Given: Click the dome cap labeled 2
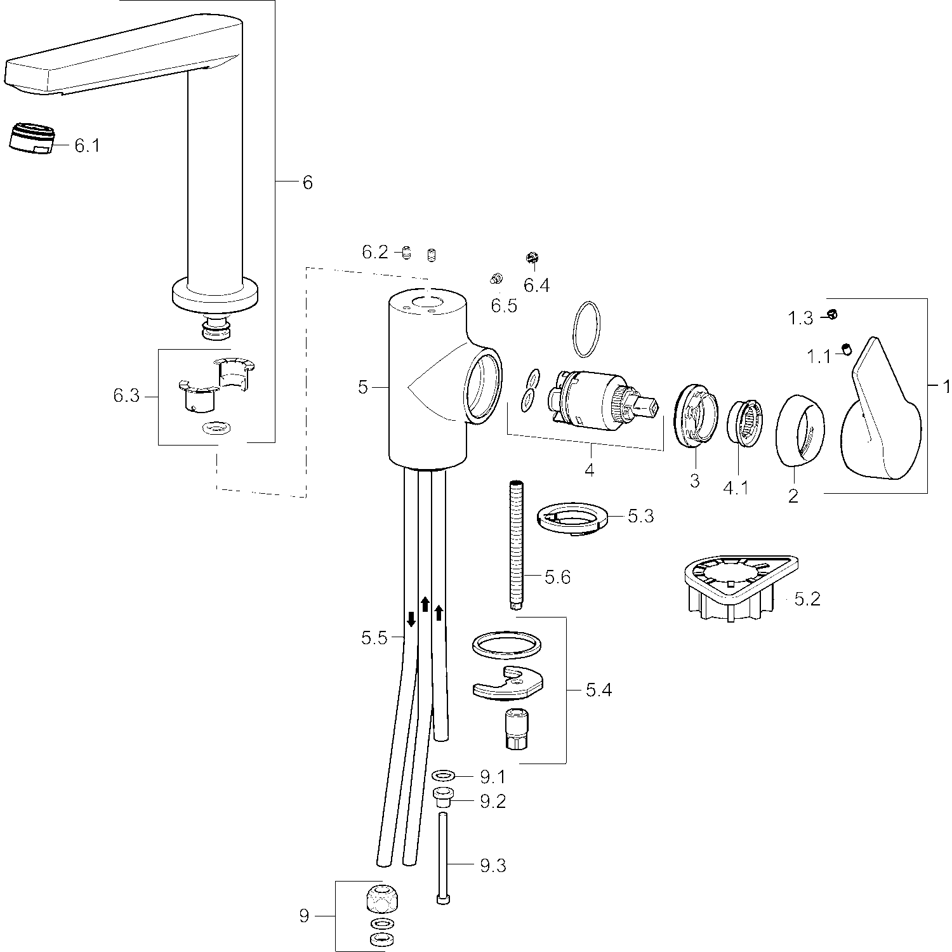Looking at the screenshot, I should pos(800,431).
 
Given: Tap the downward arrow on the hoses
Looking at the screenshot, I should pos(411,619).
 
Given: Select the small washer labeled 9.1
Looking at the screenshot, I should pos(442,776).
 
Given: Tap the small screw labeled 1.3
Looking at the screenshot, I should pos(833,314).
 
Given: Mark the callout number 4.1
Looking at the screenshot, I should pos(736,488).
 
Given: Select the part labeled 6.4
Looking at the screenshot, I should pos(532,258).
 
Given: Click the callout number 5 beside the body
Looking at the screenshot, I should pos(362,387).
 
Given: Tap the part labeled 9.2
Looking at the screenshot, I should pos(442,796).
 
